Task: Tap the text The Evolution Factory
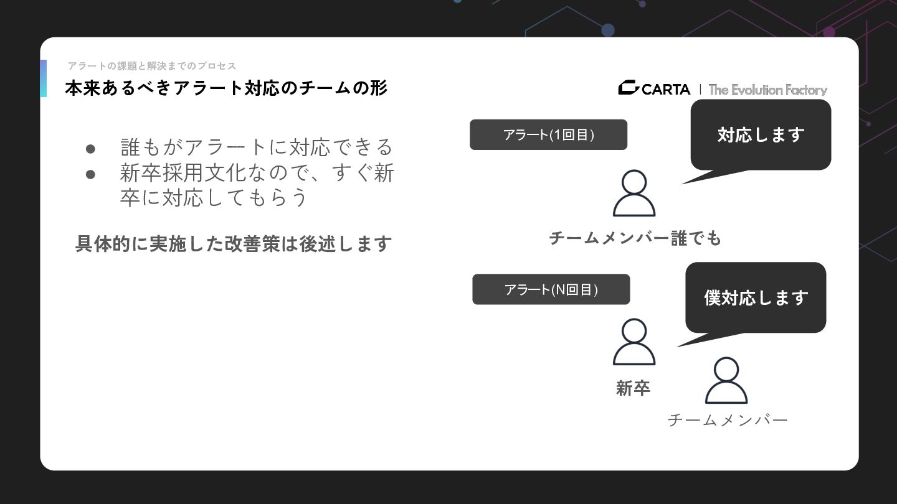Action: [x=767, y=90]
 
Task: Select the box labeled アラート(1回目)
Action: [x=548, y=135]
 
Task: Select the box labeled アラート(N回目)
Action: [x=551, y=289]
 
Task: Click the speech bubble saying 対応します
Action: [x=761, y=135]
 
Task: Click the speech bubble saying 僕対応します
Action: [x=756, y=297]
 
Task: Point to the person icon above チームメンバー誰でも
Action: [x=634, y=194]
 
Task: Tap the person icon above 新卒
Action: [x=634, y=342]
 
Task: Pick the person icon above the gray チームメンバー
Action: [x=726, y=381]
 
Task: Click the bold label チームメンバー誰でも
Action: [x=635, y=238]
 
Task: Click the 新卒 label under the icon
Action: [x=633, y=388]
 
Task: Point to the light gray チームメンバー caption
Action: [x=728, y=421]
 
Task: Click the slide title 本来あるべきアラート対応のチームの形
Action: [x=225, y=88]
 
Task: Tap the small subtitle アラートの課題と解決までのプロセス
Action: [x=152, y=66]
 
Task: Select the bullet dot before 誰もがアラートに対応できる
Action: [x=90, y=149]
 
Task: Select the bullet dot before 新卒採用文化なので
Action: [x=90, y=174]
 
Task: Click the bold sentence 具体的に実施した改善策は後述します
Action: [x=233, y=243]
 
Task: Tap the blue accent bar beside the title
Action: [x=44, y=78]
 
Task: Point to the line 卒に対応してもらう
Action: [x=214, y=197]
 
